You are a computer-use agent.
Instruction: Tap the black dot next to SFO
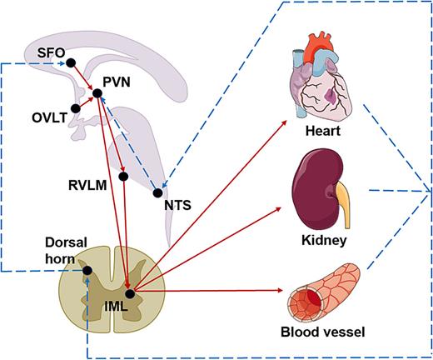71,62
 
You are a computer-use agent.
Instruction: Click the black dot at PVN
97,93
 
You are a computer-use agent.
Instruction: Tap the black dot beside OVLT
76,108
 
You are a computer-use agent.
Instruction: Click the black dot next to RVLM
123,176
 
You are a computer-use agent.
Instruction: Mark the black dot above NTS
158,193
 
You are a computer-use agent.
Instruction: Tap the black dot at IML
129,292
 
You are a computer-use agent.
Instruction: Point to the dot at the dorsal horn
87,269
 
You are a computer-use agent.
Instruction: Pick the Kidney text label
324,241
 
